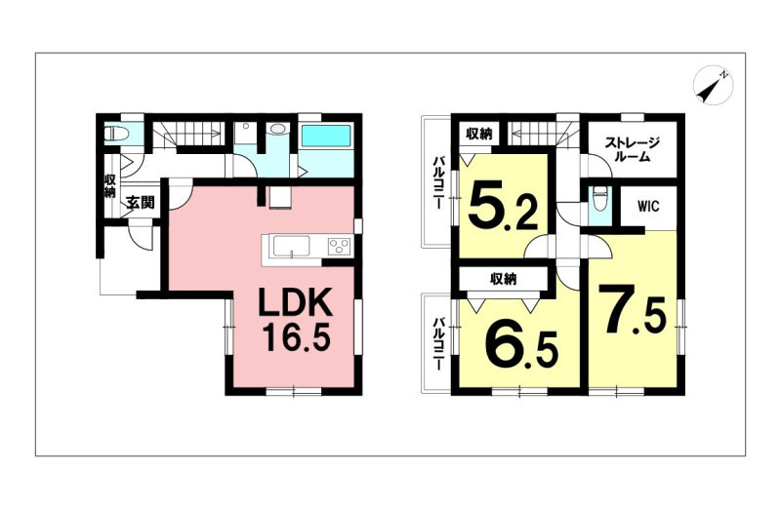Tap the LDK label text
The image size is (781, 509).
tap(295, 304)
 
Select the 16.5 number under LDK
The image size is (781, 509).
tap(296, 337)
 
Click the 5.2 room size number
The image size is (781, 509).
tap(504, 206)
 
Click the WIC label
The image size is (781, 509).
tap(648, 206)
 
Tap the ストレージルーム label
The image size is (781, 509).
tap(632, 150)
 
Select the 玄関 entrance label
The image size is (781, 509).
tap(140, 203)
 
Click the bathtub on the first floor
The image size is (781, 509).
tap(326, 136)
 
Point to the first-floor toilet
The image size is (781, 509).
tap(116, 133)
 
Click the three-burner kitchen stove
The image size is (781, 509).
tap(339, 246)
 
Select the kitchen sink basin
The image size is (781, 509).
tap(291, 246)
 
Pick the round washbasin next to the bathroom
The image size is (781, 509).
tap(277, 130)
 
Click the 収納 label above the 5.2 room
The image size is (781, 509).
tap(479, 134)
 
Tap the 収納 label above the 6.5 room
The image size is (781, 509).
tap(504, 280)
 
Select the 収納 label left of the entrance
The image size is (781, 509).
tap(110, 186)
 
